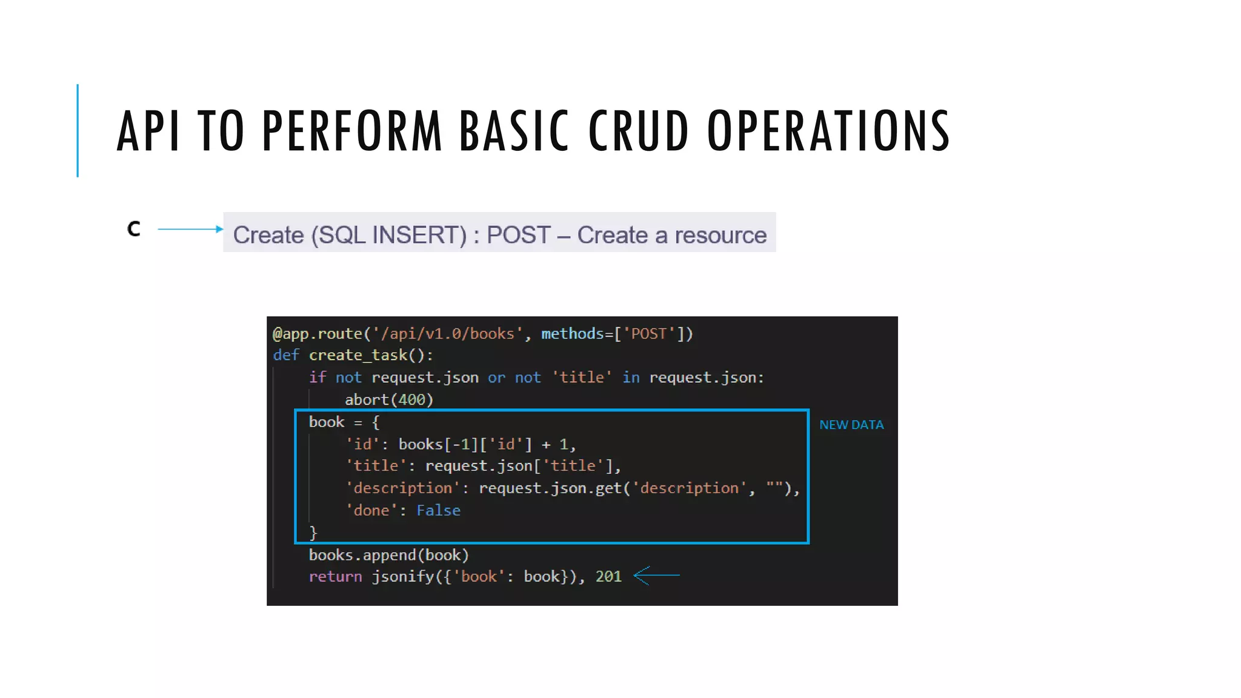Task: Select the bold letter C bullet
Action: point(134,229)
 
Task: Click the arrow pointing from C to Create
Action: point(190,229)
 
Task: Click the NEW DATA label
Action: point(851,425)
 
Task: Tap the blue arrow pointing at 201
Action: point(657,575)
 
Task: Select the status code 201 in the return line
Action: point(608,576)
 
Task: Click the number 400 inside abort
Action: point(411,400)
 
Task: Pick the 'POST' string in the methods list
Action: point(649,334)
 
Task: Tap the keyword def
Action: point(286,356)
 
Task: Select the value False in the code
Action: point(438,511)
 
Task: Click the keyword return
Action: point(335,576)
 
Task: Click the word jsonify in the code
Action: point(402,576)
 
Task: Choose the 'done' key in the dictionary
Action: point(371,511)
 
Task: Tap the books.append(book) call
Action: point(388,555)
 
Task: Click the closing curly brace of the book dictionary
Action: point(313,533)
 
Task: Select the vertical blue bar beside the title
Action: point(78,130)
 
